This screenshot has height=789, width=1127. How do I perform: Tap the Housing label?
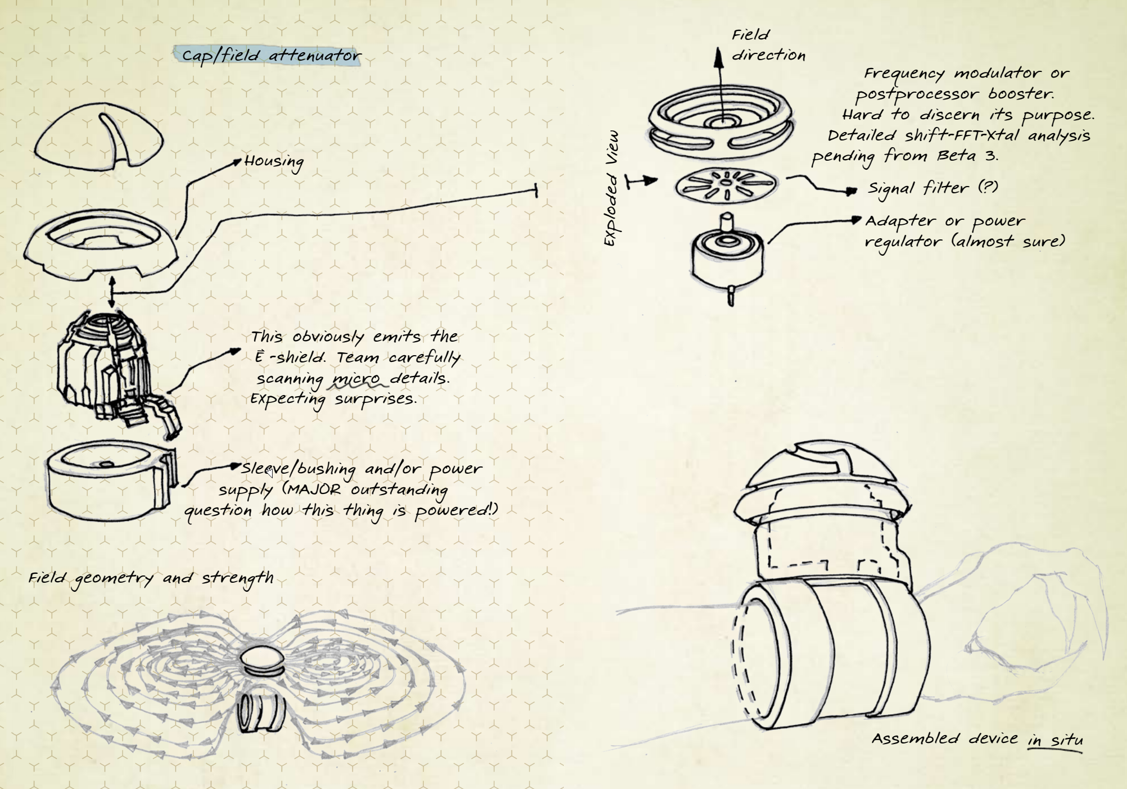(x=274, y=162)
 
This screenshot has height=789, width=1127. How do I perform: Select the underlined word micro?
(x=356, y=378)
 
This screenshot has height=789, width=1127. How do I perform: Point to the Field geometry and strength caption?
(x=151, y=578)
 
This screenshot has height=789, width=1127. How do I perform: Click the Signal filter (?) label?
(x=933, y=188)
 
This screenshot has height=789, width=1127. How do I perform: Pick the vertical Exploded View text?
(x=611, y=188)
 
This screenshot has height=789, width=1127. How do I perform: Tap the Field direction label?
(x=767, y=45)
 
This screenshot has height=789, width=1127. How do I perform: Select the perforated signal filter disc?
(x=726, y=185)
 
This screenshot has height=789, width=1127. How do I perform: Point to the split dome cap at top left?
(x=99, y=135)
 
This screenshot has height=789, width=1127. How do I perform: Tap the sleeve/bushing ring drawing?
(x=110, y=480)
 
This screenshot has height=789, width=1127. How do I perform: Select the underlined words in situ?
(x=1055, y=740)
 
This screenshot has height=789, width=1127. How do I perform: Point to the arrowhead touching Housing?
(x=237, y=162)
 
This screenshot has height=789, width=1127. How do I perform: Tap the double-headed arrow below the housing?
(x=112, y=292)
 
